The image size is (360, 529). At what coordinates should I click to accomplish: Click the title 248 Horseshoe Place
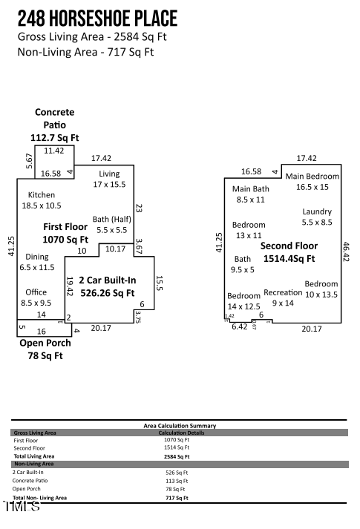[97, 18]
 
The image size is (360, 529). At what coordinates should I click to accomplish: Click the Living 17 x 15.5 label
[109, 179]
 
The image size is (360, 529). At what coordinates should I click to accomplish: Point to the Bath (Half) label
[111, 224]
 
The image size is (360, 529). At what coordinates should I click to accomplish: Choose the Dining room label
[37, 261]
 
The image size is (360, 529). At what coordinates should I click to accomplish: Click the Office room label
[36, 297]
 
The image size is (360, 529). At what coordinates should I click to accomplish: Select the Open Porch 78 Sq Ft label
[45, 349]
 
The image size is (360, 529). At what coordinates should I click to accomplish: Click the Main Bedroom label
[312, 182]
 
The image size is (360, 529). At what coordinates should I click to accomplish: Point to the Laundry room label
[317, 217]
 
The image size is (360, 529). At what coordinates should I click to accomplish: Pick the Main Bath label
[250, 194]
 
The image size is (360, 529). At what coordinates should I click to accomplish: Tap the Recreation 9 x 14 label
[283, 297]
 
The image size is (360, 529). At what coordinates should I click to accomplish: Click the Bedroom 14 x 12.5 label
[243, 301]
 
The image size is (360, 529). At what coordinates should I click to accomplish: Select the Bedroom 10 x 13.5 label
[321, 289]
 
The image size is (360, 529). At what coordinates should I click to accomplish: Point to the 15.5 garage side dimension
[159, 283]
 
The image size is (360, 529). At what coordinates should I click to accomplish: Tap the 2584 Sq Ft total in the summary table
[177, 456]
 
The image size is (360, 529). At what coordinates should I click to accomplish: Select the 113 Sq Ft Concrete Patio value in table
[177, 481]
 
